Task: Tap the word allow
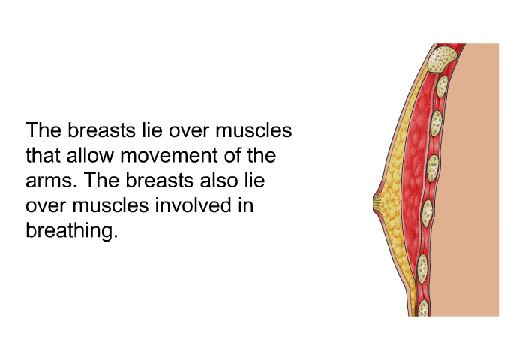point(90,155)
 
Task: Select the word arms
point(49,181)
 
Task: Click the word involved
point(193,205)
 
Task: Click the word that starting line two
point(43,155)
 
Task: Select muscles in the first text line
point(253,130)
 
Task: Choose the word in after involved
point(246,205)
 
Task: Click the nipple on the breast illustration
point(376,204)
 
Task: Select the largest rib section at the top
point(442,59)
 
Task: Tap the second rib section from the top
point(442,86)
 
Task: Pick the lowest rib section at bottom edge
point(423,307)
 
